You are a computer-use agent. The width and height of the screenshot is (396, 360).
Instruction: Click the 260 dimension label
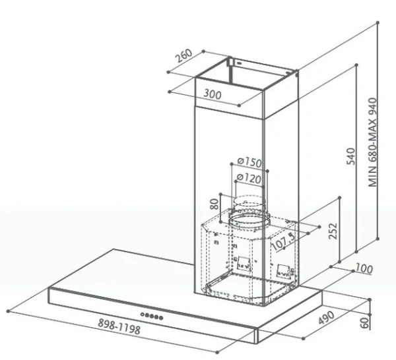coord(184,55)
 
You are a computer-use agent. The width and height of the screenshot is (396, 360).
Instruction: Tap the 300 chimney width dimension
coord(213,94)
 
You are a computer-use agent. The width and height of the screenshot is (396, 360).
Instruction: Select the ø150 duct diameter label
coord(249,162)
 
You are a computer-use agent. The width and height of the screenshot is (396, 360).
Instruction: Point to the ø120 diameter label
coord(249,179)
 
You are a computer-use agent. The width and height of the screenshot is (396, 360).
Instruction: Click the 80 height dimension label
coord(214,204)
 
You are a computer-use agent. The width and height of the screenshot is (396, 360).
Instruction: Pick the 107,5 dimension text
coord(283,241)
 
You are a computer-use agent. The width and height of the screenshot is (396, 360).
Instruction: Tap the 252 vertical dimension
coord(333,231)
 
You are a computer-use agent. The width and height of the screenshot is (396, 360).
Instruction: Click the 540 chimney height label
coord(350,156)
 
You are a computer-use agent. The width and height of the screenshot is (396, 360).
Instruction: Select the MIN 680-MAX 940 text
coord(372,142)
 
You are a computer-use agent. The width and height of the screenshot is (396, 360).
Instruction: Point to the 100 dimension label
coord(364,268)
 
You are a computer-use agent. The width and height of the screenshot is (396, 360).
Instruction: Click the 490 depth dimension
coord(327,318)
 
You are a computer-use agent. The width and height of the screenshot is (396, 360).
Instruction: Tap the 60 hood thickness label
coord(364,323)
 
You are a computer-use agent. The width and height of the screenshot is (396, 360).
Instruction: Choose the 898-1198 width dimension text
coord(119,326)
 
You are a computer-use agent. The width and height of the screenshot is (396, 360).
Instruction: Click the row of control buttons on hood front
coord(152,316)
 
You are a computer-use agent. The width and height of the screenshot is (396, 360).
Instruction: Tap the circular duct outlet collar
coord(249,219)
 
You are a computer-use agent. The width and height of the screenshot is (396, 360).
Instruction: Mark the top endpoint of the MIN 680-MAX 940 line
coord(378,22)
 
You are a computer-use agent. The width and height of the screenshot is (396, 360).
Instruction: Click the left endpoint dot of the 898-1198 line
coord(9,311)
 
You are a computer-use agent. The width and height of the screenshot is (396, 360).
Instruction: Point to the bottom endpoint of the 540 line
coord(356,252)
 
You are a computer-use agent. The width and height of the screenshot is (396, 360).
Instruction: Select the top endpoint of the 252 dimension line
coord(340,198)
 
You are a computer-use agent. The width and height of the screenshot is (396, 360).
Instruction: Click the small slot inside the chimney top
coord(239,63)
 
